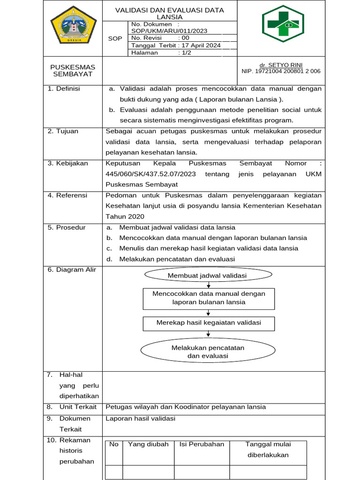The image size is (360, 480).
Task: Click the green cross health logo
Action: pos(283,27)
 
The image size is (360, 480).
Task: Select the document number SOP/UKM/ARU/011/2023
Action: pos(169,30)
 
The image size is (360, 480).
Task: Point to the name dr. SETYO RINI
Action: pos(281,65)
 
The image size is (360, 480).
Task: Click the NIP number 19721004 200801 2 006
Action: pos(281,71)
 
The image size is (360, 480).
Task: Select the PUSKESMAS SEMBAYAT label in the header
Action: pos(73,71)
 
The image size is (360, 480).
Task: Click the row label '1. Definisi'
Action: pos(64,89)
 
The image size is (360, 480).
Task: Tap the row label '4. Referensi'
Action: pos(67,195)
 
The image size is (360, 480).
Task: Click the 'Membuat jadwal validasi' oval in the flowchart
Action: pos(207,276)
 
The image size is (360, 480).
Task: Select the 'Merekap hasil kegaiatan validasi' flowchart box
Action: pos(209,323)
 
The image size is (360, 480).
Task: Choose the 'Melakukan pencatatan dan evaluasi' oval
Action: pos(208,352)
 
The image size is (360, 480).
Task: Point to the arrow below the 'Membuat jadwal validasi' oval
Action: pos(208,285)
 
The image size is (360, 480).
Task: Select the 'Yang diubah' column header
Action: pos(148,444)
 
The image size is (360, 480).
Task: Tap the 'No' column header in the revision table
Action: pos(114,444)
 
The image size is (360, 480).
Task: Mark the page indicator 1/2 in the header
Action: pos(185,53)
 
